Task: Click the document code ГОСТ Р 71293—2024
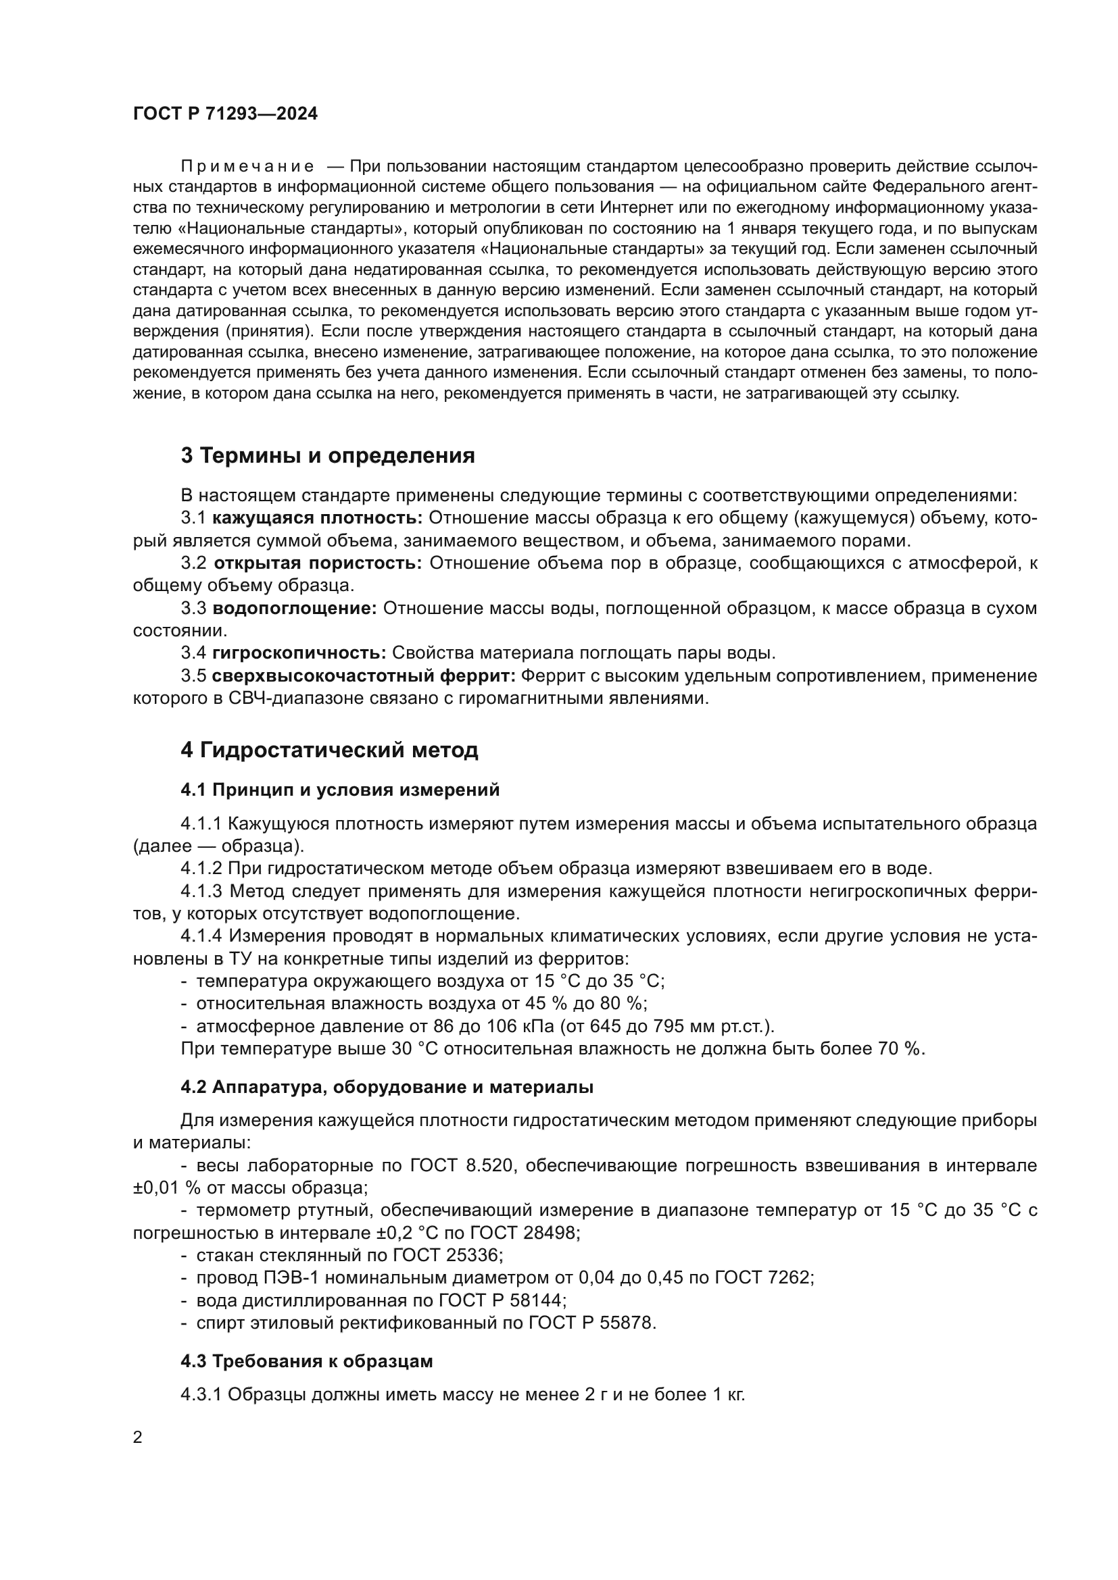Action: point(225,114)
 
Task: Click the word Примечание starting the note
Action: point(247,167)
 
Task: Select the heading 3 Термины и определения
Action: point(328,455)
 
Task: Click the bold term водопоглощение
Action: point(295,609)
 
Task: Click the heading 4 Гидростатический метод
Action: point(329,749)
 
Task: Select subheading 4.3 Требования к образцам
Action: point(306,1361)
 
